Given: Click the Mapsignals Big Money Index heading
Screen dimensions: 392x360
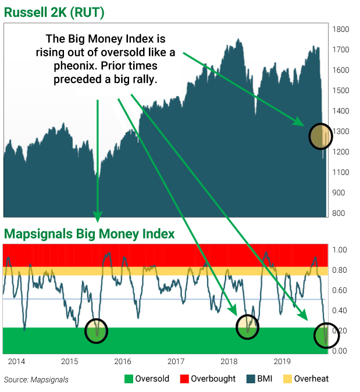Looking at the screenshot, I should tap(89, 234).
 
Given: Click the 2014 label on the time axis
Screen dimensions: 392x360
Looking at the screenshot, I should tap(16, 362).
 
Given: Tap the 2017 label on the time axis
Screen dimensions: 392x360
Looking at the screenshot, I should tap(175, 362).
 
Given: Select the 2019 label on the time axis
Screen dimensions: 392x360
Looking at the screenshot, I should tap(281, 362).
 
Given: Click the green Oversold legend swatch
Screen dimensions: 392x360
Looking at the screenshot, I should tap(128, 379).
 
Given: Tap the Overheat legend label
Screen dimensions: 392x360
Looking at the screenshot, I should tap(311, 379).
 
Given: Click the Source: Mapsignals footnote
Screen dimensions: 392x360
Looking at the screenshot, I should tap(36, 380).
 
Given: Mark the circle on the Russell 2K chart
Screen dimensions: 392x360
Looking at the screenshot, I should tap(320, 136).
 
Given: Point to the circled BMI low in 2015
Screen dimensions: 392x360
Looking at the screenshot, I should tap(97, 331).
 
